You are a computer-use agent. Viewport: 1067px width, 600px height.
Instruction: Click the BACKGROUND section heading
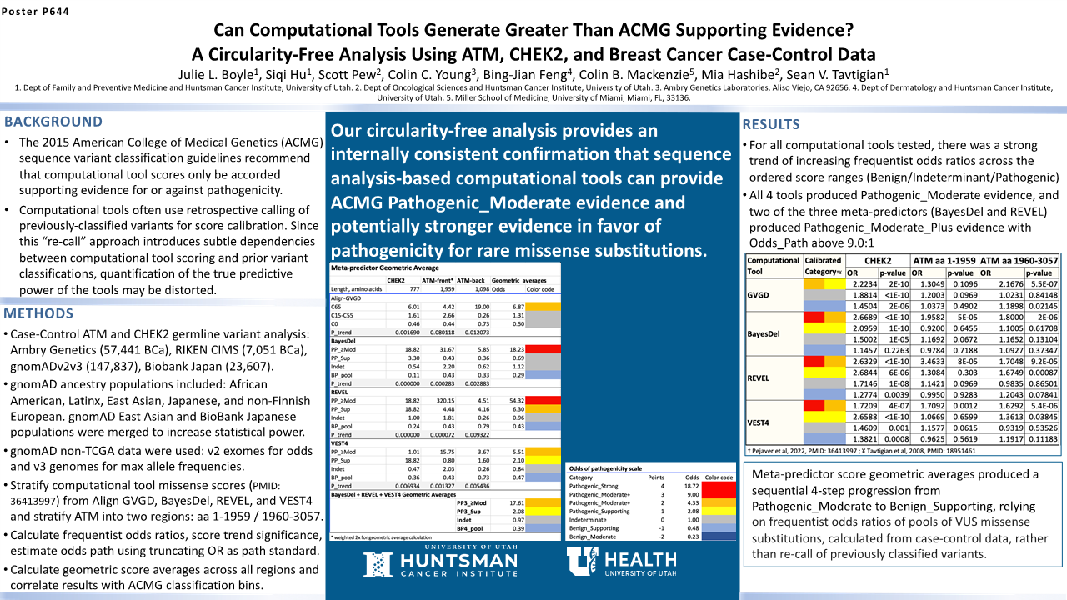click(x=53, y=122)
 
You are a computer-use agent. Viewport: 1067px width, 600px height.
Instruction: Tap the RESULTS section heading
click(x=771, y=125)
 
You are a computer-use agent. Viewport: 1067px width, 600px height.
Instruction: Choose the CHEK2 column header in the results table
click(x=876, y=261)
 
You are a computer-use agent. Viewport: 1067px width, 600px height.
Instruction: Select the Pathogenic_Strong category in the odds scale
click(x=593, y=484)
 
